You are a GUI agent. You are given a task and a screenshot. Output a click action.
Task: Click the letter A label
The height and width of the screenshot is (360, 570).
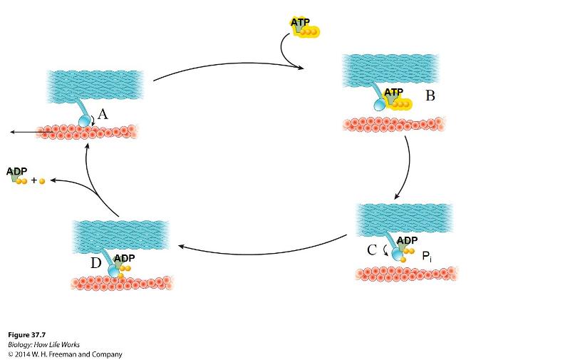click(103, 114)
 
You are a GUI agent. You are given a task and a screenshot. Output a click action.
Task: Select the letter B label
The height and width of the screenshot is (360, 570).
click(430, 96)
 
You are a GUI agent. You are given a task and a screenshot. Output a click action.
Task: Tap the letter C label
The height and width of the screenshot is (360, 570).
click(372, 250)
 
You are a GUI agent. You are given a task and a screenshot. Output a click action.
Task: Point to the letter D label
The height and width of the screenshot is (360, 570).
click(96, 263)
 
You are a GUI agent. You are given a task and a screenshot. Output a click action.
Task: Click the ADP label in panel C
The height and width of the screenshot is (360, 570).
click(407, 241)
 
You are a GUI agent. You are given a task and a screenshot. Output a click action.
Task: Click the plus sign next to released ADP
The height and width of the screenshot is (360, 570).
click(33, 181)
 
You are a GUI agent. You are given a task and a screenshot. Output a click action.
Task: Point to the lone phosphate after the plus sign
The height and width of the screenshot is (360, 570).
click(42, 181)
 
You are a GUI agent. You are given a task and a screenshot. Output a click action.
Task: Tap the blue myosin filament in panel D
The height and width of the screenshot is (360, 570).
click(121, 235)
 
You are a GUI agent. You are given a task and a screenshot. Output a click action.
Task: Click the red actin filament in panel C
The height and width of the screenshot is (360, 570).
click(406, 273)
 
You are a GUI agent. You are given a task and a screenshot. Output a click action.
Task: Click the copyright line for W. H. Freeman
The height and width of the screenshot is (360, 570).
click(65, 354)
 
